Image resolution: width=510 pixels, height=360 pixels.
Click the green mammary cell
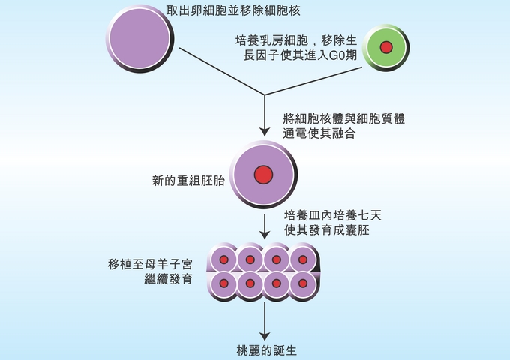click(x=385, y=48)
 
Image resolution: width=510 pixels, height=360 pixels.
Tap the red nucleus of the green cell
click(x=386, y=48)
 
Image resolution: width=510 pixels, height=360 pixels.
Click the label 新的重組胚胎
click(x=187, y=181)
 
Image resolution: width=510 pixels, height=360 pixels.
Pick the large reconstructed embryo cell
click(x=262, y=175)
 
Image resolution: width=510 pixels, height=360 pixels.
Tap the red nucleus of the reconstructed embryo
click(x=263, y=175)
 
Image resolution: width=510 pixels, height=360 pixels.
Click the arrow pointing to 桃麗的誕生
click(x=265, y=322)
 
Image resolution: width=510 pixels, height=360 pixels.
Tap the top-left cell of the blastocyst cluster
click(x=223, y=259)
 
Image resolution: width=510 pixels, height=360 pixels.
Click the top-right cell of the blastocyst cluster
click(x=303, y=259)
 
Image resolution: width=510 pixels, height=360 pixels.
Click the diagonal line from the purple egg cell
click(x=217, y=71)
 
